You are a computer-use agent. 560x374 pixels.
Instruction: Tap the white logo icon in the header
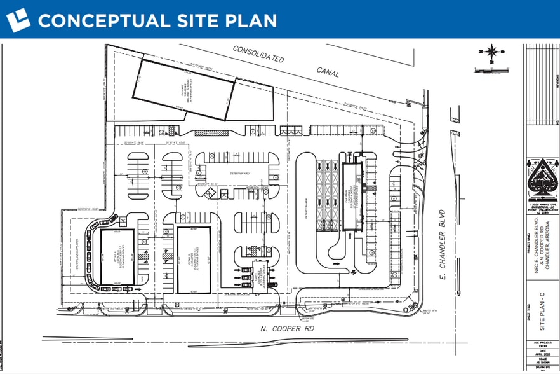click(x=18, y=20)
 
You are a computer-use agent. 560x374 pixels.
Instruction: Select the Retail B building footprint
click(x=193, y=260)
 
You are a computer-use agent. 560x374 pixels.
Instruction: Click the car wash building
click(x=352, y=197)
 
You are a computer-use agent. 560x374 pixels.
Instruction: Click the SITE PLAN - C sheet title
click(x=543, y=310)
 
